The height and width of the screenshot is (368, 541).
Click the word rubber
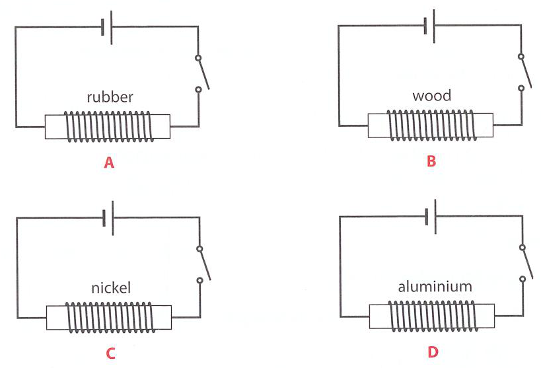(110, 97)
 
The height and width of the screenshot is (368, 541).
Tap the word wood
(431, 96)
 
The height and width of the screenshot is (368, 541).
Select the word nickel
(111, 287)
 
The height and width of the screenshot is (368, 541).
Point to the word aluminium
(435, 286)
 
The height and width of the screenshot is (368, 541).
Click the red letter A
(109, 163)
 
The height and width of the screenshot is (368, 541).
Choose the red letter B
(431, 161)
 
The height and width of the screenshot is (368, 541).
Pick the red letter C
(110, 353)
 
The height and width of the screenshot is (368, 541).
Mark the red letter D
(433, 352)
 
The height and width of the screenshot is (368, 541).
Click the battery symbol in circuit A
(107, 28)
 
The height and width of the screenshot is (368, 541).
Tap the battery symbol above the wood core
(429, 26)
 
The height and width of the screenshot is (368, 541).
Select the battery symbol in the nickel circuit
(108, 218)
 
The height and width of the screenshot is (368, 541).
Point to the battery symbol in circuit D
(431, 217)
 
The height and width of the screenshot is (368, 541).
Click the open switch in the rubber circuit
(203, 73)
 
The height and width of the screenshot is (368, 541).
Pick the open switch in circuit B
(525, 72)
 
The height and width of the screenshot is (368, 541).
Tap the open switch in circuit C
(204, 264)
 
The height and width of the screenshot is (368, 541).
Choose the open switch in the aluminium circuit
(527, 263)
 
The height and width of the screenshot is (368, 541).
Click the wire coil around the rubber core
(109, 126)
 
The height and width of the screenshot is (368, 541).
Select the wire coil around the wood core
(431, 125)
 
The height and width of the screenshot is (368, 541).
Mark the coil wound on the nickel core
(110, 317)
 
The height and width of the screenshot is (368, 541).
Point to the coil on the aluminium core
(433, 316)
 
